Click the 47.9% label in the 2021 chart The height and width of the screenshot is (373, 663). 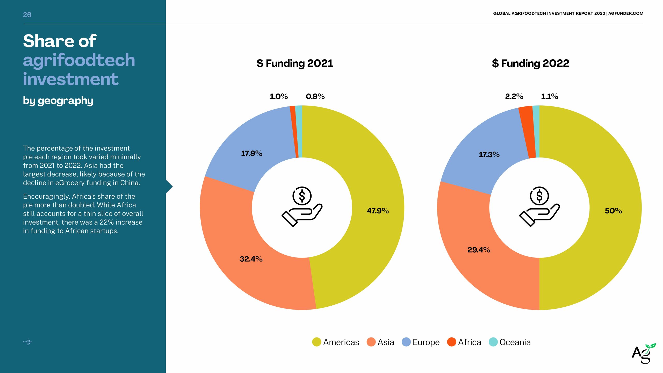tap(378, 211)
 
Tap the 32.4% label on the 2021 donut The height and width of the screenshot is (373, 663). tap(251, 259)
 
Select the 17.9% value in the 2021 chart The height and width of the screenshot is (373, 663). tap(251, 153)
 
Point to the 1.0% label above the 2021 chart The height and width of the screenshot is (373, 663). tap(278, 96)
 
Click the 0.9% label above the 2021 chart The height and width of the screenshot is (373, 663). tap(315, 96)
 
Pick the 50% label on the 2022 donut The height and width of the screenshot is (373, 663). tap(613, 211)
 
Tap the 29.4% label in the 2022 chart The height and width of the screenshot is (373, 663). tap(479, 250)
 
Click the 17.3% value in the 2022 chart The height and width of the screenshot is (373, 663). tap(489, 155)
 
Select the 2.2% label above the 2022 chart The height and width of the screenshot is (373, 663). tap(514, 96)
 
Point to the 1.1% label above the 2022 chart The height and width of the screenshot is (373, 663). tap(549, 96)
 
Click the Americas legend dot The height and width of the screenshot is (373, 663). tap(316, 342)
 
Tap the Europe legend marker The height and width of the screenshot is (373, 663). tap(406, 342)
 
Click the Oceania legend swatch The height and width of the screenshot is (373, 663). tap(493, 342)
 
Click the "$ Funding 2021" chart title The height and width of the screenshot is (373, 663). tap(295, 63)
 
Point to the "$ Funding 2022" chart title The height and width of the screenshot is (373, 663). tap(530, 63)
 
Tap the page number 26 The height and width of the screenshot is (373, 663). tap(27, 15)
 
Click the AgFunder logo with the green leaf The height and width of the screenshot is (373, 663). tap(643, 353)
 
